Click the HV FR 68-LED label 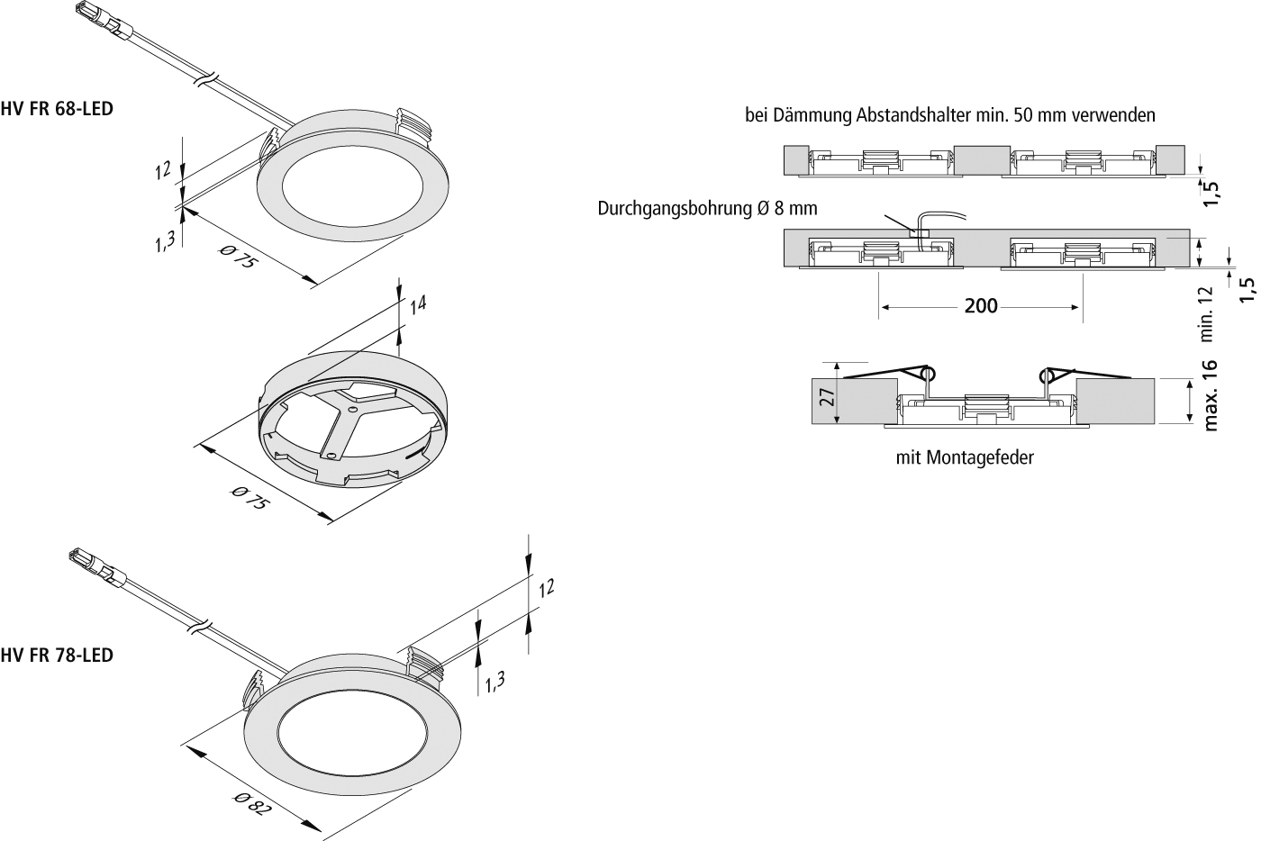click(x=58, y=109)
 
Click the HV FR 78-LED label click(x=58, y=656)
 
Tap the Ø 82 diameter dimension click(x=251, y=802)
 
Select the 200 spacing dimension click(x=981, y=306)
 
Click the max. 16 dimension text click(x=1211, y=395)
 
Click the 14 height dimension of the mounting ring click(x=418, y=304)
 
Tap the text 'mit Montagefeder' click(x=965, y=457)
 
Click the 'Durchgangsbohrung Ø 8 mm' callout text click(x=707, y=209)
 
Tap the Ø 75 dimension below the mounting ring click(x=249, y=499)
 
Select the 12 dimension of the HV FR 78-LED click(x=546, y=588)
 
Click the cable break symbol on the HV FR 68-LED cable click(x=206, y=80)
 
